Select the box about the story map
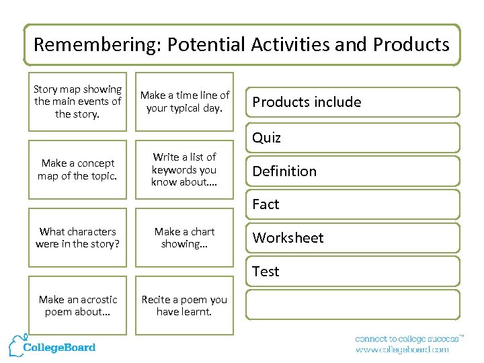[77, 102]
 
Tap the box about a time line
[184, 102]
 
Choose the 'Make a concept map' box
[77, 169]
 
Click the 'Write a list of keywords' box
[184, 169]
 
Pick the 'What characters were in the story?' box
[77, 237]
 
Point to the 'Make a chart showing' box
[184, 237]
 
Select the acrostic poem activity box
[77, 305]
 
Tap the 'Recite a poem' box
[184, 305]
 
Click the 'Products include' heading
[307, 102]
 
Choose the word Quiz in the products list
[266, 138]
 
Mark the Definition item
[284, 171]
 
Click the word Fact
[266, 204]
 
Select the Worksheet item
[288, 238]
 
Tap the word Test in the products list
[266, 272]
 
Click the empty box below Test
[353, 304]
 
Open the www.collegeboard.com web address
[401, 350]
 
